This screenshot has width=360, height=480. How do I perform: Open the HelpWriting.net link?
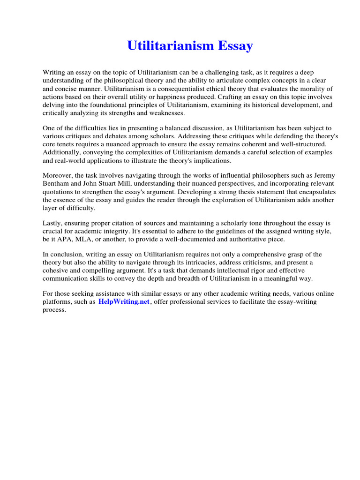point(124,302)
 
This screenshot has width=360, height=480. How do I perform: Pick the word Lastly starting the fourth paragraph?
point(52,223)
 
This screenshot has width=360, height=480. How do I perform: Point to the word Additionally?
point(61,152)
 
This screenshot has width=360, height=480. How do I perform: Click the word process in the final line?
point(55,310)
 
